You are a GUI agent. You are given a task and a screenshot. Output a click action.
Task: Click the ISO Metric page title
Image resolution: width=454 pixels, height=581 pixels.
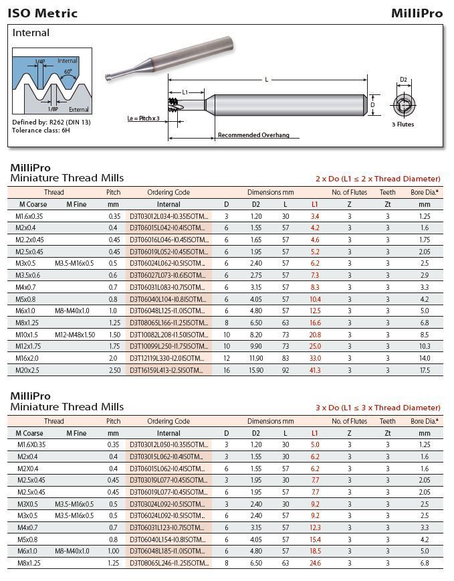click(42, 13)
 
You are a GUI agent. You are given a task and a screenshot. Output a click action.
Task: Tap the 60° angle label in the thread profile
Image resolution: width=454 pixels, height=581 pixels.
click(69, 71)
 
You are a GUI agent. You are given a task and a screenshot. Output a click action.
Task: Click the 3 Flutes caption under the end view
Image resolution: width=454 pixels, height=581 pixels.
click(403, 124)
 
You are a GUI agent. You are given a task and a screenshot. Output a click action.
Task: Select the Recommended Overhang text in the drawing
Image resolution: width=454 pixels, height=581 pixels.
click(253, 135)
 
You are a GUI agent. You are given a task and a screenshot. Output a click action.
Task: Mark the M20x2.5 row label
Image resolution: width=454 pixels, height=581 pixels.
click(29, 370)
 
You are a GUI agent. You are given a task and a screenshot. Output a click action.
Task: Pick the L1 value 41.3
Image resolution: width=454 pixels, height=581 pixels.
click(315, 370)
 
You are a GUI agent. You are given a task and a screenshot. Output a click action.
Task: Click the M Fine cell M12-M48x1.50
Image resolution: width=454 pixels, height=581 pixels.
click(76, 334)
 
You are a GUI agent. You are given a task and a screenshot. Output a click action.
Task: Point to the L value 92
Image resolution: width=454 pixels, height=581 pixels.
click(286, 370)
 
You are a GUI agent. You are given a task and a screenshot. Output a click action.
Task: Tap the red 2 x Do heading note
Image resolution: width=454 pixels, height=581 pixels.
click(378, 179)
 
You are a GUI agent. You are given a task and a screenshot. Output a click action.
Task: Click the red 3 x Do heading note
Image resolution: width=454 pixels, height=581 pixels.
click(378, 408)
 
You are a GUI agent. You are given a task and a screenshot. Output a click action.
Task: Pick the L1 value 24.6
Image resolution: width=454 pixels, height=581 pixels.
click(315, 564)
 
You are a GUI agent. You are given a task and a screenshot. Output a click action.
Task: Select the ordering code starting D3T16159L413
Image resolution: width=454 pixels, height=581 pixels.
click(168, 370)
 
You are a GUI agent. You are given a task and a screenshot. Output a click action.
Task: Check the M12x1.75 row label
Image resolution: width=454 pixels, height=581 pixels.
click(29, 346)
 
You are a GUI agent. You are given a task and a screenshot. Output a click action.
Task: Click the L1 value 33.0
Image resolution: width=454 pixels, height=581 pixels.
click(315, 358)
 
